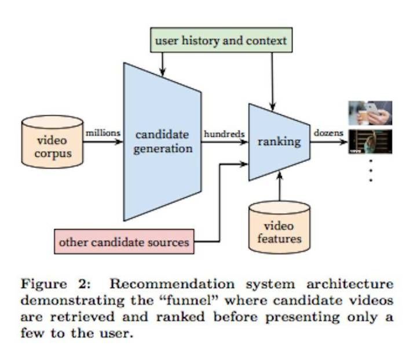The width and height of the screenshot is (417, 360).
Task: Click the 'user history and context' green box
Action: [221, 40]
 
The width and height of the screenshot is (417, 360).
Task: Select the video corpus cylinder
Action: [52, 141]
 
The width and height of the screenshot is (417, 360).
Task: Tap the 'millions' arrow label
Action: [103, 133]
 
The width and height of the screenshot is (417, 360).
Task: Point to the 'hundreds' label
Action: [224, 134]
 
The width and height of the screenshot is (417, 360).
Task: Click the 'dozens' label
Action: [328, 133]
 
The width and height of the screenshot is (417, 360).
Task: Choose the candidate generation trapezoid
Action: [162, 142]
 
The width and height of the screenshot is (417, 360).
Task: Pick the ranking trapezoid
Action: [279, 142]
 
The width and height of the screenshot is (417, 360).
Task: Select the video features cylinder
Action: [279, 227]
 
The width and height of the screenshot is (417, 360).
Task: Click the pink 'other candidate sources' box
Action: [124, 242]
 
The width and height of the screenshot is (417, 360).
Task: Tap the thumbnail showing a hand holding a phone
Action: [370, 113]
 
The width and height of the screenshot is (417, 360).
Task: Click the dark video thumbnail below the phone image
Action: [370, 141]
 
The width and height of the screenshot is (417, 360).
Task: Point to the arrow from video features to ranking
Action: [280, 187]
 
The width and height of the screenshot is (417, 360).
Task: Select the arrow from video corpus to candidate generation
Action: [103, 141]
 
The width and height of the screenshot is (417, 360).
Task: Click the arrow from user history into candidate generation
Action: [163, 64]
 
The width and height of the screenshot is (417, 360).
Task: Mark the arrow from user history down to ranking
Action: [272, 82]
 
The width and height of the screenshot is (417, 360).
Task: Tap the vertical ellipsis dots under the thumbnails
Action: [371, 170]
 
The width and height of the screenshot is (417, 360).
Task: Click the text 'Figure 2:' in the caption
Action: [56, 285]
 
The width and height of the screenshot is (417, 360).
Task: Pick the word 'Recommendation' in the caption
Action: [172, 284]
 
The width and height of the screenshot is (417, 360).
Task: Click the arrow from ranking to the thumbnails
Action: [329, 141]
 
